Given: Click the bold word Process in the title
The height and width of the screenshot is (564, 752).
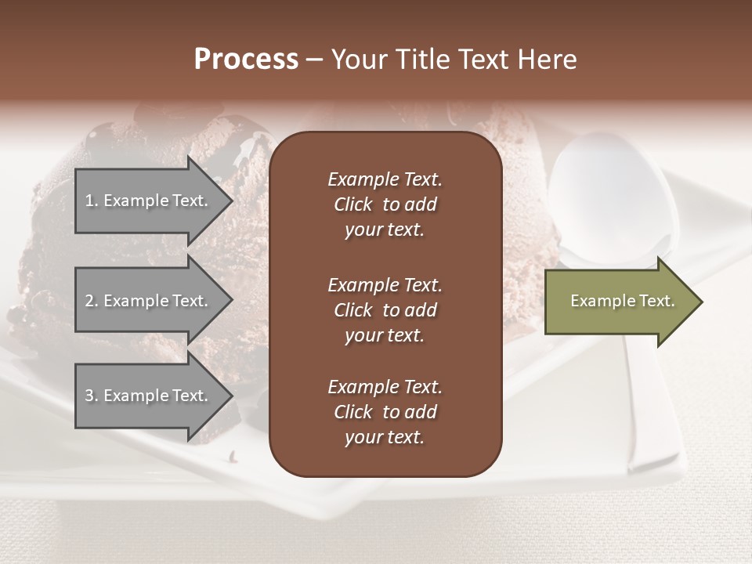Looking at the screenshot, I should click(x=246, y=60).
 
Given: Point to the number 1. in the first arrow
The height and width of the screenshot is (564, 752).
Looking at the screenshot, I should click(x=92, y=201).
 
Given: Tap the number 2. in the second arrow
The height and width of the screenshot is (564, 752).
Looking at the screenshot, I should click(x=92, y=301).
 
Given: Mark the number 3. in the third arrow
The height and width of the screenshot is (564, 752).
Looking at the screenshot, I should click(x=92, y=396).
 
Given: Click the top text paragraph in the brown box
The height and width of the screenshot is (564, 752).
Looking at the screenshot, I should click(x=385, y=204).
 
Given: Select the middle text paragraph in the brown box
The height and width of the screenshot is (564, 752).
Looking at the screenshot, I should click(x=385, y=310).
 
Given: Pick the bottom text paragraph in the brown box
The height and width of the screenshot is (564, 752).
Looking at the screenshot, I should click(x=385, y=412).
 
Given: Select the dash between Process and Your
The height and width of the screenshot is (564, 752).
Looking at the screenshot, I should click(x=314, y=60).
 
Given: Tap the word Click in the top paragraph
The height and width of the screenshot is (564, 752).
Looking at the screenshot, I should click(x=352, y=204).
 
